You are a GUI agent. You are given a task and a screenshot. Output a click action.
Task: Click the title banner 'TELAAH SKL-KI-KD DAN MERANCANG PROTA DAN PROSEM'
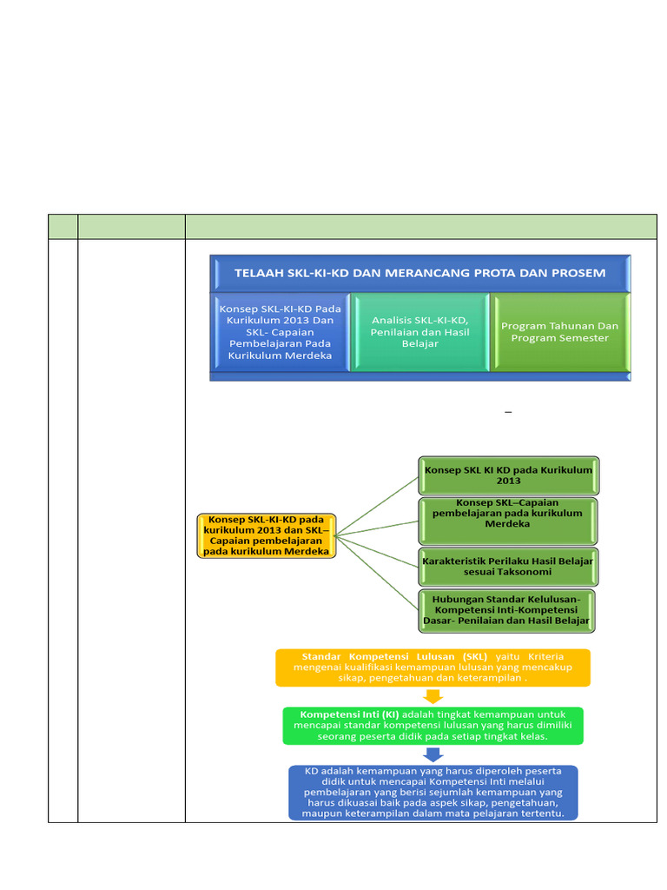point(420,273)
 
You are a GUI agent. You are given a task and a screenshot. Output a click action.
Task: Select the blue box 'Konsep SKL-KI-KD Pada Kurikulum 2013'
point(280,332)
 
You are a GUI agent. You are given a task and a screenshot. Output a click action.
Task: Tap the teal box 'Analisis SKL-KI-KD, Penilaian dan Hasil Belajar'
point(419,332)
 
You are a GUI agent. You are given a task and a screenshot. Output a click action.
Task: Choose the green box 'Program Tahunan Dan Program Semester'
point(560,332)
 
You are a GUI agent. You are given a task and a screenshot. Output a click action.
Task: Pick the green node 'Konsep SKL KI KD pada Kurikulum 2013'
point(508,475)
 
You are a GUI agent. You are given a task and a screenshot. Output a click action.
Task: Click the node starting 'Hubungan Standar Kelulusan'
point(508,610)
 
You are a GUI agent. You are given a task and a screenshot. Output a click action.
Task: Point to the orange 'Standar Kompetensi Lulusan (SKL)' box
point(433,667)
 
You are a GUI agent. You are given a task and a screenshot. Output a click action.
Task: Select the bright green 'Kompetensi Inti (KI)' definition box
point(433,725)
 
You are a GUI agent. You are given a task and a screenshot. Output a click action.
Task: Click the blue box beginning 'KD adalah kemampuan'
point(433,792)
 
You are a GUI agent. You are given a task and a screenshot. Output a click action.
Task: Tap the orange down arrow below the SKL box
point(433,696)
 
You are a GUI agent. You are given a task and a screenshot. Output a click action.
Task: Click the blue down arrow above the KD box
point(433,754)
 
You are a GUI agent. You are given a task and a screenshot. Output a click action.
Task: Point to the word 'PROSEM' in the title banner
point(574,273)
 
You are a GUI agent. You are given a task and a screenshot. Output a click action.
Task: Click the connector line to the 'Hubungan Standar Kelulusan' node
point(377,573)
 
